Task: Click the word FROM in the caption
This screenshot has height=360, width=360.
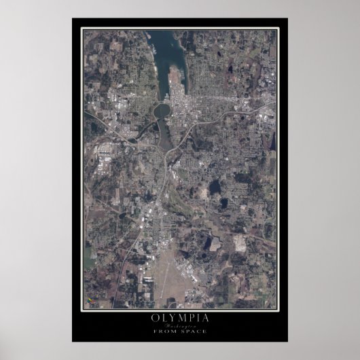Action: click(170, 331)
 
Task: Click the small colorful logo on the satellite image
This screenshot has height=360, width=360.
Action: click(88, 300)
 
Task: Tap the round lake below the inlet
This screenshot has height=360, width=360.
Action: click(162, 110)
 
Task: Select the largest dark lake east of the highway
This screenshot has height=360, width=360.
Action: click(215, 186)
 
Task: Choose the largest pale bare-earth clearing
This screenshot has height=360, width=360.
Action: click(239, 242)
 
